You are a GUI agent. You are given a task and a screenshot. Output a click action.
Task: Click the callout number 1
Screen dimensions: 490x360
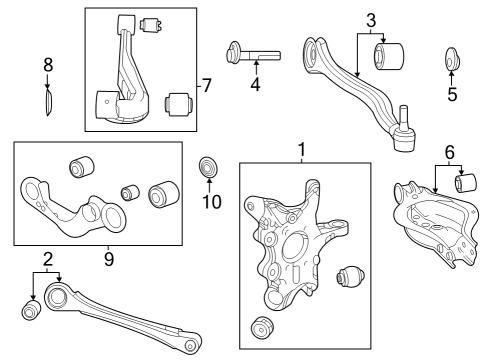(x=302, y=150)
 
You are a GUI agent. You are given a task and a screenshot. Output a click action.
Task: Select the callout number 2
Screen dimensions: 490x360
(x=48, y=259)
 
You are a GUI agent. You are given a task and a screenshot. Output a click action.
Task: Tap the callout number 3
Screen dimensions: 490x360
(x=371, y=21)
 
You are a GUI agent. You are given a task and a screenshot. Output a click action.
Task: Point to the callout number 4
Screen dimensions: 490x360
(x=255, y=84)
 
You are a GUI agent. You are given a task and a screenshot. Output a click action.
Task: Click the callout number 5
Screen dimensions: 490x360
(x=452, y=94)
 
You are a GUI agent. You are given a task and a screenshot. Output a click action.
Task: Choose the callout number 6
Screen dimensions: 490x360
(x=449, y=153)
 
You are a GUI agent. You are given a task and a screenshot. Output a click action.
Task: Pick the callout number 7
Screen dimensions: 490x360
(x=207, y=86)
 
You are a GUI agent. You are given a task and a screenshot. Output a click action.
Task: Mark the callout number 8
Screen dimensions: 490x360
(x=48, y=65)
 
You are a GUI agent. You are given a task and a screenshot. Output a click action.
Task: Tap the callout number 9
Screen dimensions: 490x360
(x=109, y=259)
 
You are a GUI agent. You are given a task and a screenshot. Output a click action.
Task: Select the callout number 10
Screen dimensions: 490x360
(x=212, y=202)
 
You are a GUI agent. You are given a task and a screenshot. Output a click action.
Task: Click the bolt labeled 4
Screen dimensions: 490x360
(x=253, y=54)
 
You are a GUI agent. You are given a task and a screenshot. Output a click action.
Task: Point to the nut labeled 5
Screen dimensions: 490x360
(x=452, y=60)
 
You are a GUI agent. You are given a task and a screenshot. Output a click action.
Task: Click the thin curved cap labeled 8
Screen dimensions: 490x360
(x=49, y=103)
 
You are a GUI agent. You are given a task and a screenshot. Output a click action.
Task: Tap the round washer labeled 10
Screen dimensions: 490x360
(x=208, y=167)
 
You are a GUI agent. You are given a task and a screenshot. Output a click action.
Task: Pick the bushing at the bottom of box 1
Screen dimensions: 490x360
(x=262, y=327)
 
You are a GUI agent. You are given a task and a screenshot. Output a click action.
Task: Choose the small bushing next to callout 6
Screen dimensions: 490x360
(x=466, y=183)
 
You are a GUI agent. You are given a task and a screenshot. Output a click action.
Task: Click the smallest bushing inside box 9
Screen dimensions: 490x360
(x=130, y=193)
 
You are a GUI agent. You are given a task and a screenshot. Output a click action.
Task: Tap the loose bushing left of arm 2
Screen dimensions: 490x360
(x=31, y=311)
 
